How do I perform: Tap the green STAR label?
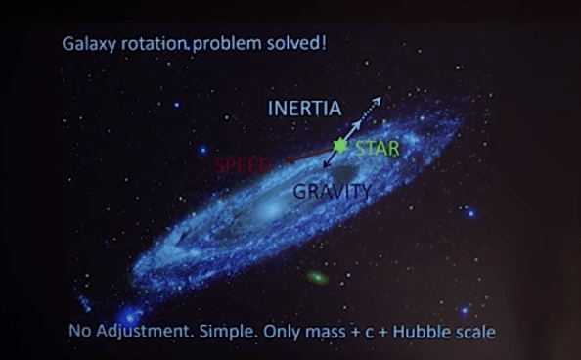(x=378, y=150)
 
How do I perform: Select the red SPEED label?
(x=242, y=165)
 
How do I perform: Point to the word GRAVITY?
(x=332, y=192)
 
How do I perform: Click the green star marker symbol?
(x=340, y=146)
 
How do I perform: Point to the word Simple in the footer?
(x=224, y=332)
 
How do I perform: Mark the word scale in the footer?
(x=475, y=331)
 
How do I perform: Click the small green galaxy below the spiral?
(x=318, y=278)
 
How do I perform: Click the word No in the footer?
(x=81, y=332)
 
